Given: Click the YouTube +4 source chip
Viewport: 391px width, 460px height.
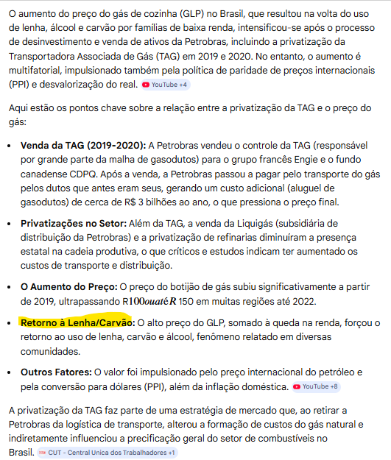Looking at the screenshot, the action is (x=165, y=85).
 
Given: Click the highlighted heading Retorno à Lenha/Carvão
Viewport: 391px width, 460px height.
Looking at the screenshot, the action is (x=75, y=323).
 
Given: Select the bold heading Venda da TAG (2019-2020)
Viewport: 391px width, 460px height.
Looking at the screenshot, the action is (x=83, y=146).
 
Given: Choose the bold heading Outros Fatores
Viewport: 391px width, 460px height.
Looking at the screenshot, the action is (x=64, y=372).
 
